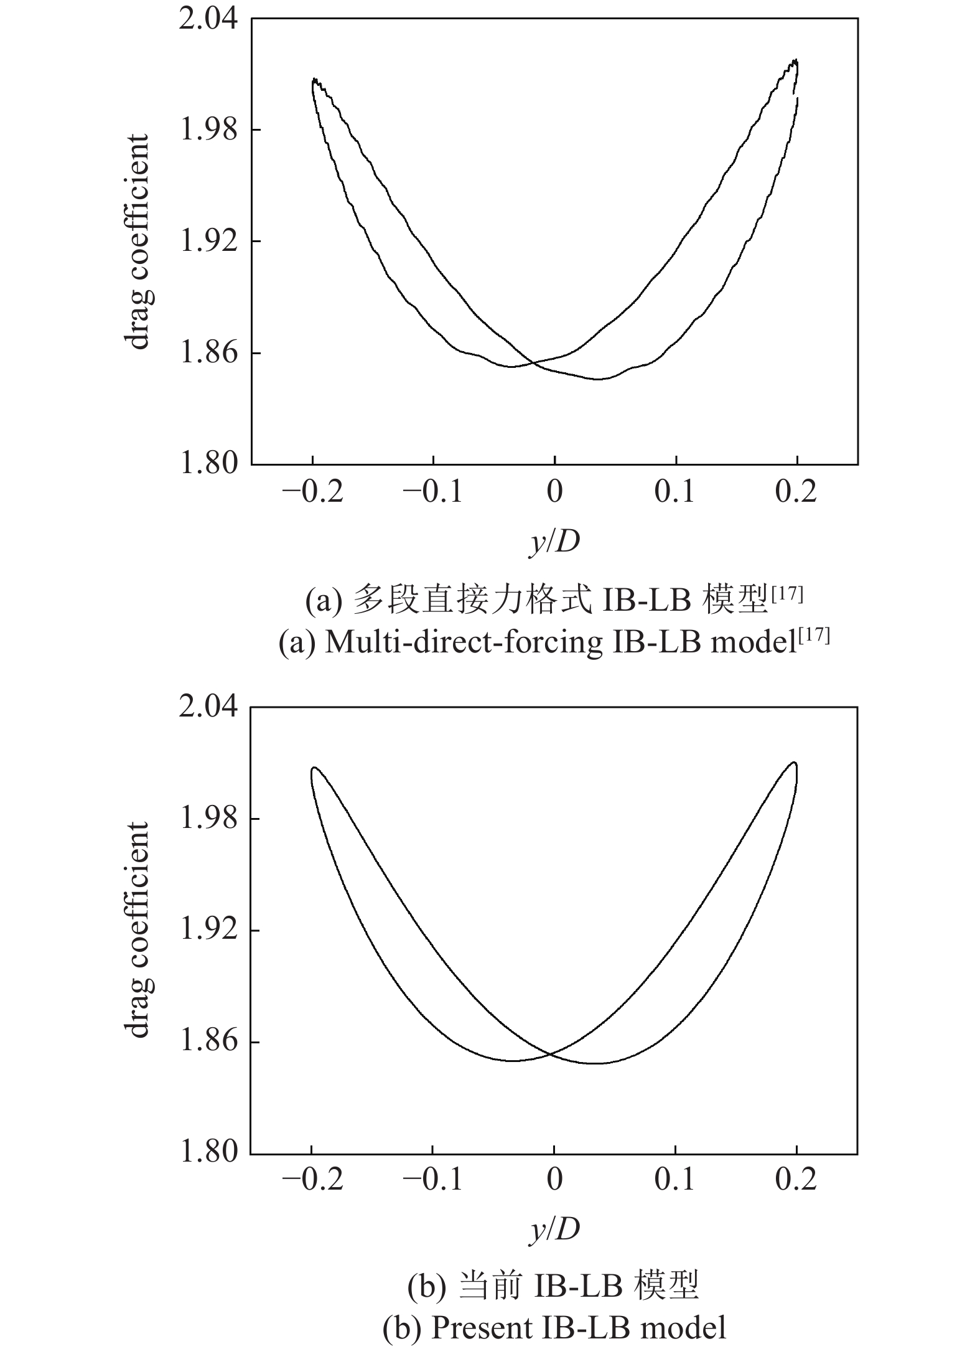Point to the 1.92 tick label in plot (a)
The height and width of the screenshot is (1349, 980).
click(x=208, y=242)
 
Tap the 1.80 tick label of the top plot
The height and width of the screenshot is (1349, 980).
click(x=208, y=464)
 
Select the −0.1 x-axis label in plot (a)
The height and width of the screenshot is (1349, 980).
click(x=433, y=492)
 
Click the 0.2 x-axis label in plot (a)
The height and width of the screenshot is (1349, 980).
click(x=796, y=492)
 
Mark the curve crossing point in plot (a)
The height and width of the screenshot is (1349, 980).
click(x=534, y=362)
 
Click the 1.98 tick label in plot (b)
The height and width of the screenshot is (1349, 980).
click(x=208, y=819)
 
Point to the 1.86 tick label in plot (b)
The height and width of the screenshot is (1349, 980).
click(x=208, y=1041)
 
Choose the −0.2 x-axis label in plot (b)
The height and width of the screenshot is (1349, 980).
click(x=312, y=1180)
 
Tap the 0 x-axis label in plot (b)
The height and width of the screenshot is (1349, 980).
click(x=554, y=1180)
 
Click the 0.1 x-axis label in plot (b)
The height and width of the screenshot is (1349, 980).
click(x=674, y=1180)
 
